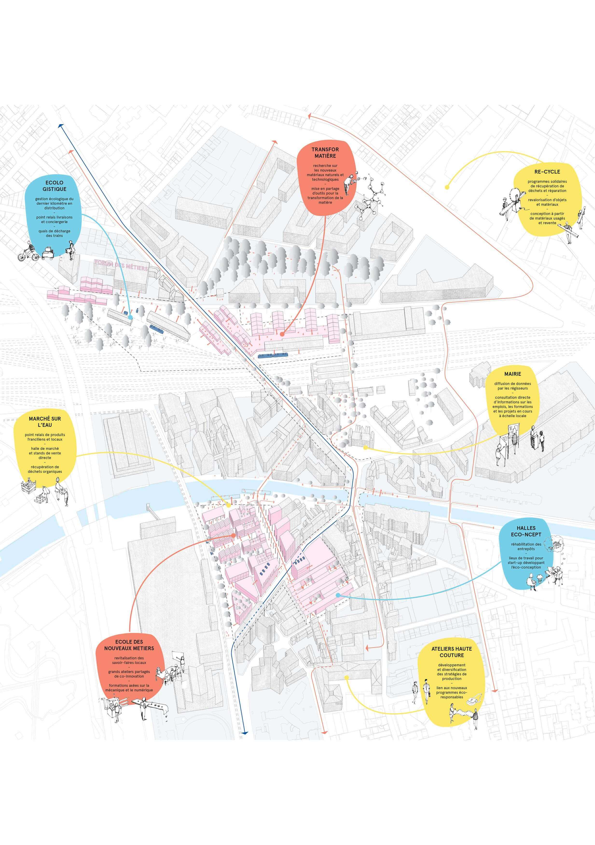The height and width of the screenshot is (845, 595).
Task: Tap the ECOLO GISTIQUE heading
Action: (55, 185)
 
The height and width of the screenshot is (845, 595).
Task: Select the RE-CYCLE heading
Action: (547, 171)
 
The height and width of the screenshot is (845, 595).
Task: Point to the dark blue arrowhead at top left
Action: (60, 126)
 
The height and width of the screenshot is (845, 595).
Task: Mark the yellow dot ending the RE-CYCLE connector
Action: (447, 187)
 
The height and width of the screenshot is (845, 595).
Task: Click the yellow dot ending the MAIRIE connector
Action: (365, 448)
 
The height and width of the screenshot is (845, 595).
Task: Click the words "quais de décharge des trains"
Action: (55, 233)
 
